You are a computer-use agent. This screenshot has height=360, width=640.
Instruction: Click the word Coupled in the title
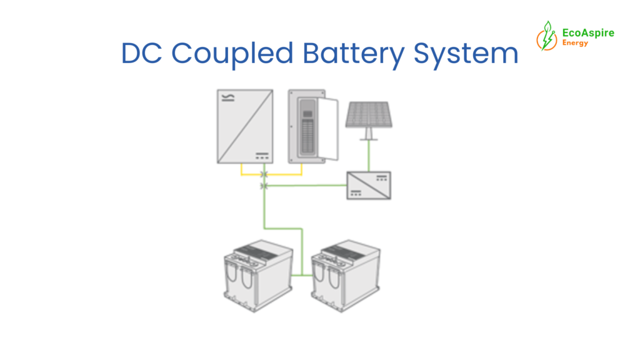[x=232, y=54]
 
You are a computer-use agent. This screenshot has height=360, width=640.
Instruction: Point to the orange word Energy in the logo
[x=574, y=43]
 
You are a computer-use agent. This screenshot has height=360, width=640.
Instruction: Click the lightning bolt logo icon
[x=546, y=36]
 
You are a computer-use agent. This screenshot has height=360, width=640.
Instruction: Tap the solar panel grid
[x=369, y=114]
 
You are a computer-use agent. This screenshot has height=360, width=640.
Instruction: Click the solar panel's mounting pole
[x=369, y=133]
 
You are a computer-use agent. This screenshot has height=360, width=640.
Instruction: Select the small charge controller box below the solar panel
[x=369, y=186]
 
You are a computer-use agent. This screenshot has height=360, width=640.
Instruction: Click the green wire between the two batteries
[x=302, y=274]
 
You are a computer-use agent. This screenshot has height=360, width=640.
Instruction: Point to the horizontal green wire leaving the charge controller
[x=306, y=186]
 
